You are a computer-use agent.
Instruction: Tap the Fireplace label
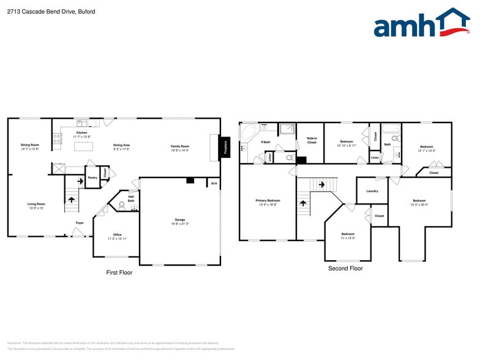[225, 147]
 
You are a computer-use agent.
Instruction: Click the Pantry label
[92, 178]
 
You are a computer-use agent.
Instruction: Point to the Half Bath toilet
[122, 205]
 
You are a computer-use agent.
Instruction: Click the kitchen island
[84, 146]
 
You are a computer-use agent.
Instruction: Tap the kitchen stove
[58, 139]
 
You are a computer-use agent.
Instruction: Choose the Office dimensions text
[118, 239]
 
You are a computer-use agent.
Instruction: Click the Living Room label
[36, 204]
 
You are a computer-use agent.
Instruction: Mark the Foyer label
[80, 223]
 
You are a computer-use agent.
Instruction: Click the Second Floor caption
[345, 268]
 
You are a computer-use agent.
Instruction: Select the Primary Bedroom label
[268, 200]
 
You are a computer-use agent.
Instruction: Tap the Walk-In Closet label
[312, 141]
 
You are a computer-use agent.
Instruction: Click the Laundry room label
[372, 191]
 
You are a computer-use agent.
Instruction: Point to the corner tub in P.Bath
[248, 133]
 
